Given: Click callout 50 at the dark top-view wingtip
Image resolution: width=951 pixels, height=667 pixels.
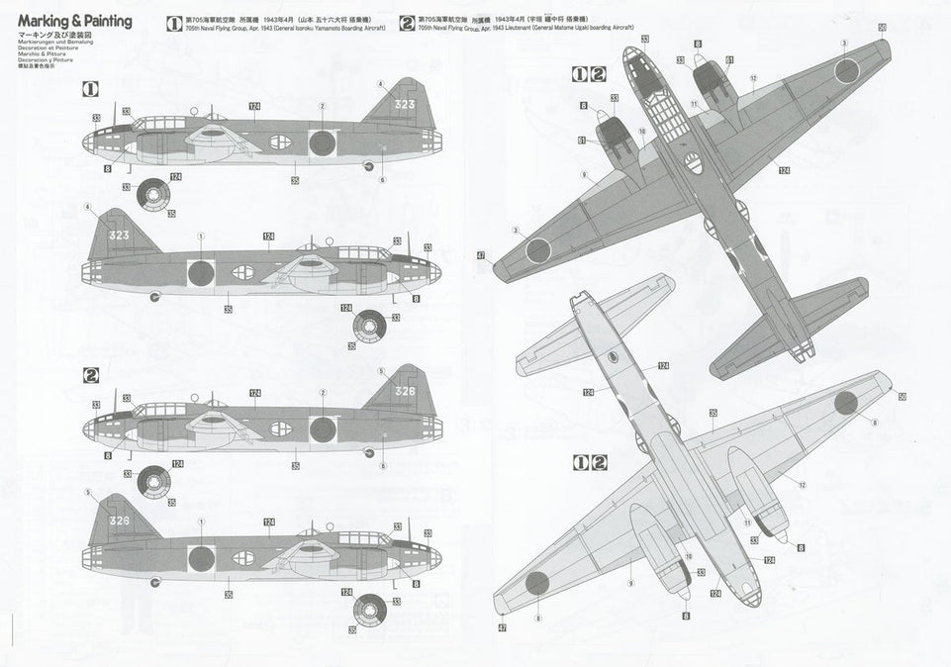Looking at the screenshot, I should pyautogui.click(x=882, y=26).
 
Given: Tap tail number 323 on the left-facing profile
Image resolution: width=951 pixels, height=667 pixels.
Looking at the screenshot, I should pyautogui.click(x=406, y=102).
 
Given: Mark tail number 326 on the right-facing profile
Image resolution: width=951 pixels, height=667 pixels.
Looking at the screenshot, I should pyautogui.click(x=119, y=522).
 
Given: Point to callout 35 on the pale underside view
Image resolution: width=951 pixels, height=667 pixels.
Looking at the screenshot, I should pyautogui.click(x=713, y=412).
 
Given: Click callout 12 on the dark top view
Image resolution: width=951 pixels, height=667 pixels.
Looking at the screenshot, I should pyautogui.click(x=753, y=77).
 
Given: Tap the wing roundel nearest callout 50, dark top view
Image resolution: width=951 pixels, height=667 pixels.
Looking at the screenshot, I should pyautogui.click(x=845, y=70).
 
